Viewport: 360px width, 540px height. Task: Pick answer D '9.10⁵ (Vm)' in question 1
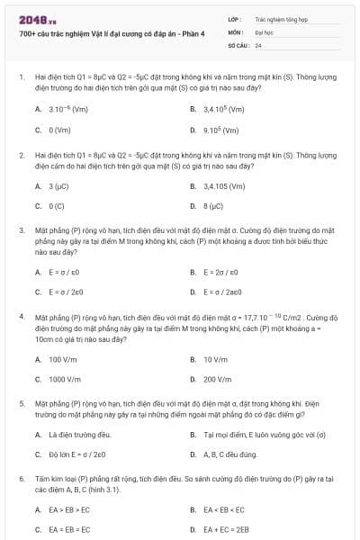tap(220, 130)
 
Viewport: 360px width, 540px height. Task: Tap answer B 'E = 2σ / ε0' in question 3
tap(220, 272)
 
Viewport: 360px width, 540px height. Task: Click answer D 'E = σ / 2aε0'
tap(224, 292)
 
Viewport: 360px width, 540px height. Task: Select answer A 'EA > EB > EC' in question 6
tap(69, 510)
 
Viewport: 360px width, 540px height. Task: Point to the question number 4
tap(22, 317)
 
